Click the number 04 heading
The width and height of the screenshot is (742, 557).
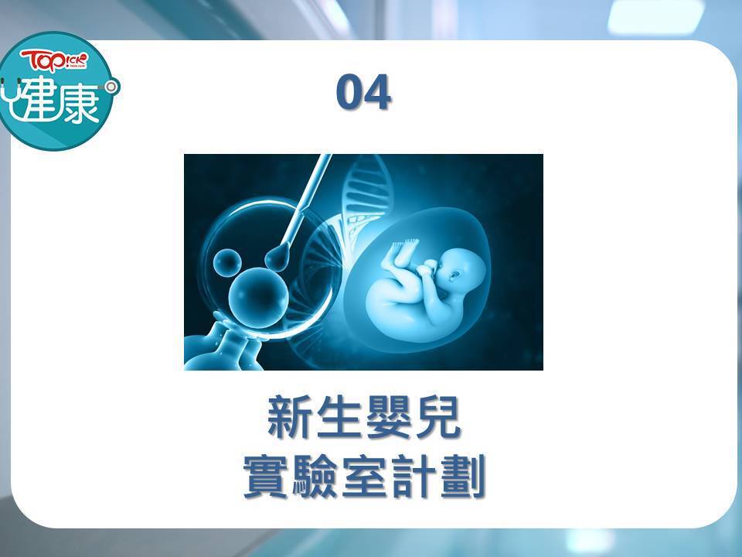click(363, 92)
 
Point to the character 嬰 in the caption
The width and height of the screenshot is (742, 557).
click(389, 417)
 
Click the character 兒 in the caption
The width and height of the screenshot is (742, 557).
click(437, 417)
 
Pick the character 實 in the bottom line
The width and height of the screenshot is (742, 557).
click(265, 476)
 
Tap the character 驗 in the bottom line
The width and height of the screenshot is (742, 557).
click(315, 476)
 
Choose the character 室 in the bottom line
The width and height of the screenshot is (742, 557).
click(364, 476)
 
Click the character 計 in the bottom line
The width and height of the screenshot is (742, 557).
click(413, 476)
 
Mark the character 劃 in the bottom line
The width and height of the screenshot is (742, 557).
click(462, 476)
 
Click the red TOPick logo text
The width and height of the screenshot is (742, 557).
click(54, 60)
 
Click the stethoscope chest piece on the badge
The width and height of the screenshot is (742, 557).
click(111, 87)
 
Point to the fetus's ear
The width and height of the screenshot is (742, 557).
click(454, 275)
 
